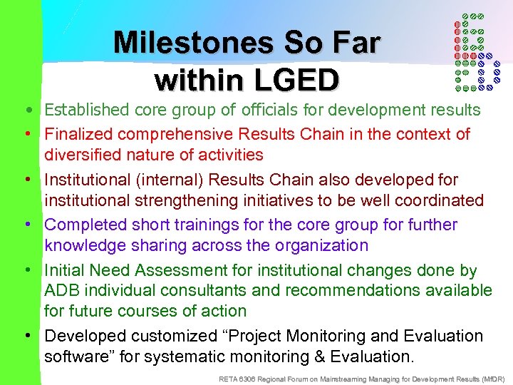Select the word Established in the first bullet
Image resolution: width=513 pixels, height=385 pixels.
pyautogui.click(x=87, y=111)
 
